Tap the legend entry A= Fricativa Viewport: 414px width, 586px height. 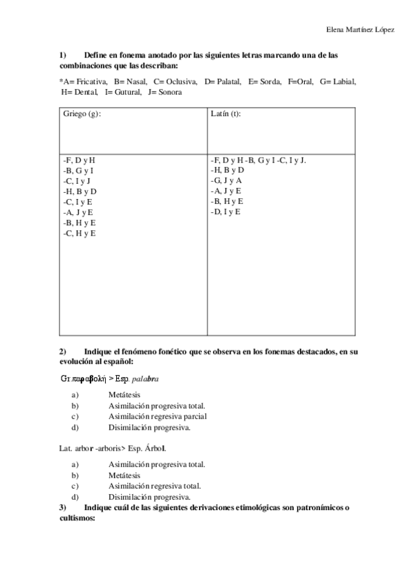[x=84, y=82]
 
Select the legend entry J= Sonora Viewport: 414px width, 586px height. [x=165, y=92]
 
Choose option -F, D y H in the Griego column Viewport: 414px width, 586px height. [x=78, y=160]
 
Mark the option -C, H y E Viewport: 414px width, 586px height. [x=79, y=233]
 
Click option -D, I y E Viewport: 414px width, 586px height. [x=225, y=211]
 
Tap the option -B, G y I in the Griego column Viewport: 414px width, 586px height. [x=78, y=170]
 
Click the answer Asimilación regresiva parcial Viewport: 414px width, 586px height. [x=158, y=416]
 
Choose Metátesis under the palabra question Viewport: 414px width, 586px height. [x=124, y=394]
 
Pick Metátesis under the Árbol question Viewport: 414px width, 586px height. [x=124, y=475]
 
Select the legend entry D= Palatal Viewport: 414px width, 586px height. [x=223, y=82]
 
